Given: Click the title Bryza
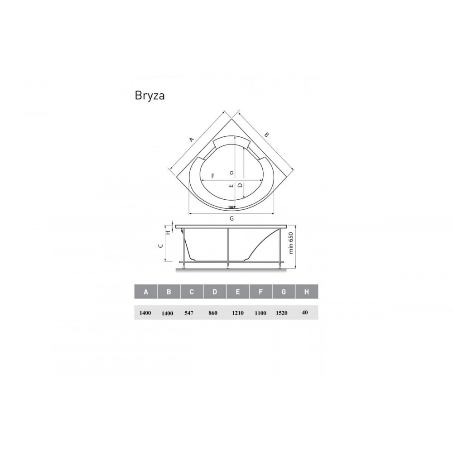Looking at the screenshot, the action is coord(149,96).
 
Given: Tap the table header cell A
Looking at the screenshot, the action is coord(146,291).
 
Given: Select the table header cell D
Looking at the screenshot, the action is coord(215,291).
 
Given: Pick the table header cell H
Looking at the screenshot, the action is coord(307,291).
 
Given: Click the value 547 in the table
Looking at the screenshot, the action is coord(189,313).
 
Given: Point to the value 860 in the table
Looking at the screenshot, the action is coord(213,313).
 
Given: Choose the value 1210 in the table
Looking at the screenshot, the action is coord(238,313).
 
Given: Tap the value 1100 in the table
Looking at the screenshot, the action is coord(260,313).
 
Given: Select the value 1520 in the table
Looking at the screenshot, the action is coord(282,313).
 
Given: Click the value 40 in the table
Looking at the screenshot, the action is coord(304,312).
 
